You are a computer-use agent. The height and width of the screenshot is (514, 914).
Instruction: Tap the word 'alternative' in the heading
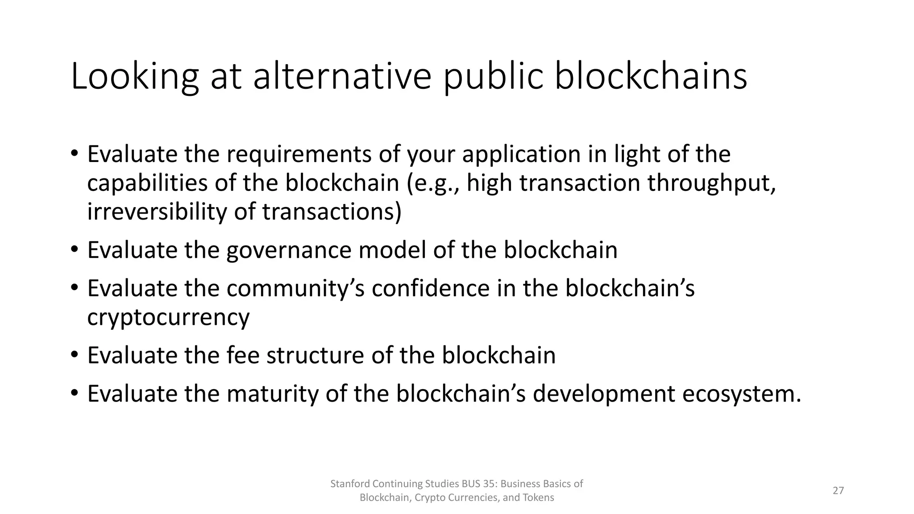click(342, 76)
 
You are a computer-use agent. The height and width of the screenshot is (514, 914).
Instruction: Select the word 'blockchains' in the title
click(651, 76)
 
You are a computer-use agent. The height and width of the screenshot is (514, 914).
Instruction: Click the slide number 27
click(838, 491)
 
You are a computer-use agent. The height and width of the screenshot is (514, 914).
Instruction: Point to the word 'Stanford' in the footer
click(349, 484)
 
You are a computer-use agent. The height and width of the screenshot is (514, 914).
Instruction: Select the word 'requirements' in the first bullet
click(299, 154)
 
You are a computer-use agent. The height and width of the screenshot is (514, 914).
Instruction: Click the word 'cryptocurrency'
click(168, 318)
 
